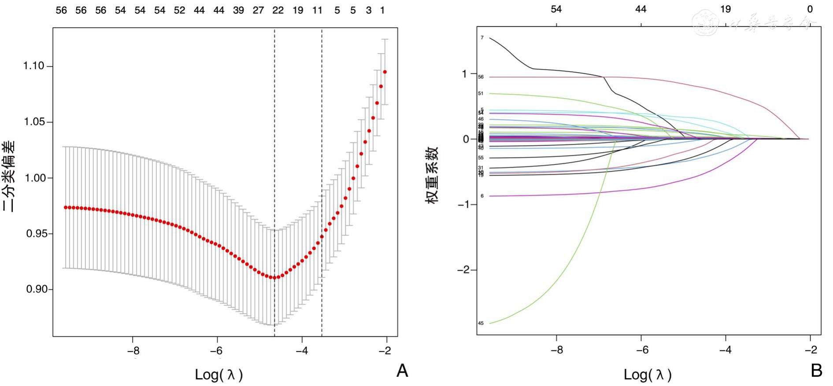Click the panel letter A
coord(402,371)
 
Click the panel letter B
coord(816,371)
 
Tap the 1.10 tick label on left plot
coord(34,66)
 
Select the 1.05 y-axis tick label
coord(34,122)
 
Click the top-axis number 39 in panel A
coord(238,10)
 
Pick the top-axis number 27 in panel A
coord(258,10)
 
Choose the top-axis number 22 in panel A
coord(278,10)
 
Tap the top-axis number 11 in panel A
coord(317,10)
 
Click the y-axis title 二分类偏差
coord(9,176)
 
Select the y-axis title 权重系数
coord(432,175)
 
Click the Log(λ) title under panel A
coord(218,375)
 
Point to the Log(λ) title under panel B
coord(647,375)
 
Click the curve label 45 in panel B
coord(481,323)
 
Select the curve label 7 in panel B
coord(482,38)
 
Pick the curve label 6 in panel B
coord(482,196)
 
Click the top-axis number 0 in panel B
coord(810,9)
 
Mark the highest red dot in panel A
coord(385,72)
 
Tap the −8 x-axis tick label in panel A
coord(133,351)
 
